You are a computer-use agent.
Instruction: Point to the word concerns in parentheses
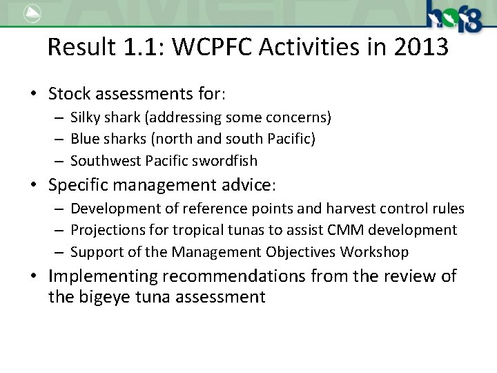[299, 117]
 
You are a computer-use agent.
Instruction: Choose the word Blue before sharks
[85, 139]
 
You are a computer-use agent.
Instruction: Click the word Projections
[106, 230]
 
